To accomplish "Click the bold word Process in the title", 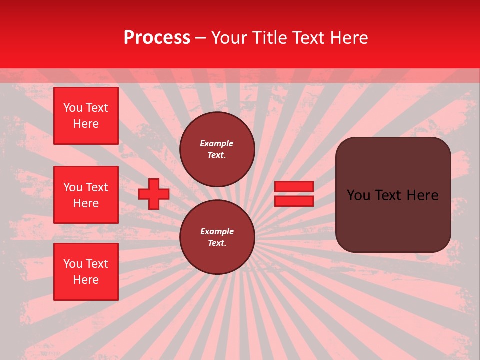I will click(x=157, y=38).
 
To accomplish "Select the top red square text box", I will click(x=86, y=116).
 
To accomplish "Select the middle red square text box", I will click(x=86, y=195).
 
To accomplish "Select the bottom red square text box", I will click(x=86, y=272).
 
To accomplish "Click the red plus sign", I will click(x=154, y=194).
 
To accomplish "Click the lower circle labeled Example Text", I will click(x=217, y=237).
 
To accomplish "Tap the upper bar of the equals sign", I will click(x=294, y=187).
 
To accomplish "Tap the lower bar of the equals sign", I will click(x=294, y=201).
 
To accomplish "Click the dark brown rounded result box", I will click(x=393, y=220).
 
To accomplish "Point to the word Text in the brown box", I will click(x=392, y=195).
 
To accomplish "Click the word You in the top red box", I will click(x=73, y=108).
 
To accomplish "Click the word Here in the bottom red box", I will click(x=86, y=280).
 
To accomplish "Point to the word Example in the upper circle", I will click(x=217, y=143).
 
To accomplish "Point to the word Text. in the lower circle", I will click(x=217, y=243).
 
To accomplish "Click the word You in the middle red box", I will click(x=73, y=187).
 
